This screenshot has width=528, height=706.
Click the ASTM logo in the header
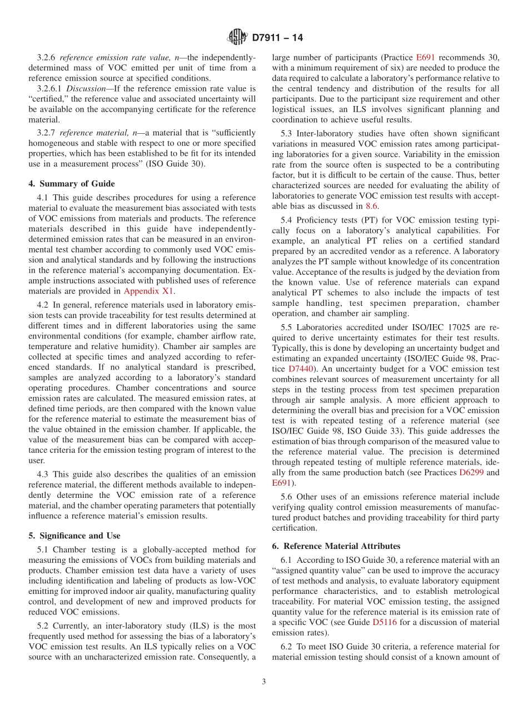tap(237, 38)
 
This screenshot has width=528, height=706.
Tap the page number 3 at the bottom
tap(264, 682)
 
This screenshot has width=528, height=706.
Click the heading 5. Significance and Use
tap(74, 536)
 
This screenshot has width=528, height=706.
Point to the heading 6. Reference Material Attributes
tap(336, 546)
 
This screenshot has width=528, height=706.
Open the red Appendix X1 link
tap(149, 291)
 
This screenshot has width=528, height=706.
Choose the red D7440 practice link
tap(302, 369)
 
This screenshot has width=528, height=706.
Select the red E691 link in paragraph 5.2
tap(425, 57)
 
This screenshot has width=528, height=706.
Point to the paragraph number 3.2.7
tap(46, 133)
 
